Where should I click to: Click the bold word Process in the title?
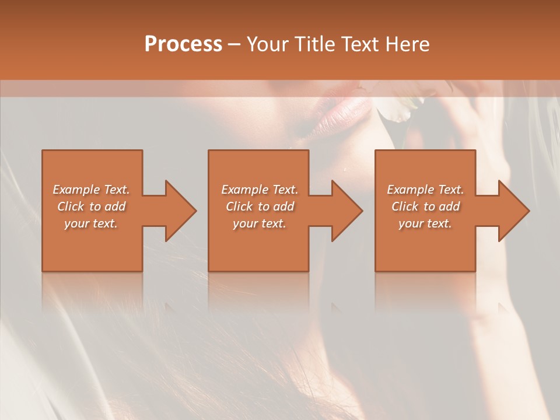pos(183,44)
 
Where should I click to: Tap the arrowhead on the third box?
pos(513,211)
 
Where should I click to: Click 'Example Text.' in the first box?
pos(92,190)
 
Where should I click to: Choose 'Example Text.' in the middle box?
pos(260,190)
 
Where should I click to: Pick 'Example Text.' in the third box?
pos(425,190)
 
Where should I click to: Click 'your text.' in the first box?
pos(91,223)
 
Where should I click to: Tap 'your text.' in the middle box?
pos(259,223)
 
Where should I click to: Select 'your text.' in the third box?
pos(425,223)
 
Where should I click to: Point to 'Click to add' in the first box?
pos(92,206)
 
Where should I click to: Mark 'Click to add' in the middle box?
pos(260,206)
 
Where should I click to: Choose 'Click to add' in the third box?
pos(425,206)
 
